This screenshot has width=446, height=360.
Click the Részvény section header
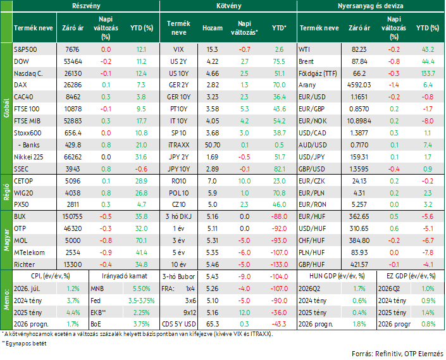pos(86,6)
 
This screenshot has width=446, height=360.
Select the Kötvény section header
pos(228,6)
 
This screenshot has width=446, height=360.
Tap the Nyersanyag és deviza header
pos(370,6)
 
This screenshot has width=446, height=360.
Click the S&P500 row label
pos(25,49)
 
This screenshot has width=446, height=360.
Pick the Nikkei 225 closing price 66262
pos(73,157)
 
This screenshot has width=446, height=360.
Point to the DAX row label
pos(20,85)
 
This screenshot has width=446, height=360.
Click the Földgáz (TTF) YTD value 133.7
pos(428,73)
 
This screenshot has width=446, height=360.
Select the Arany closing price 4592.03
pos(359,85)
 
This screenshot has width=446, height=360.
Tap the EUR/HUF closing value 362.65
pos(359,216)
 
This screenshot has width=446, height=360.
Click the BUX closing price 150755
pos(73,216)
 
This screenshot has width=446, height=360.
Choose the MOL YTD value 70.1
pos(141,240)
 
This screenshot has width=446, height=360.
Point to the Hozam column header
pos(213,28)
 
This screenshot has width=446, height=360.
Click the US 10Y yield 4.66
pos(213,73)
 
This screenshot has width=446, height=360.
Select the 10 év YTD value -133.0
pos(279,264)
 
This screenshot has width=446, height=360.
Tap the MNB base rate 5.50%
pos(141,289)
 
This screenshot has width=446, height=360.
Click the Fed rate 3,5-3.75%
pos(141,301)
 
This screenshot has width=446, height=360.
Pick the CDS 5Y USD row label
pos(178,324)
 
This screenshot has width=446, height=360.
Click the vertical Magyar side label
pos(6,240)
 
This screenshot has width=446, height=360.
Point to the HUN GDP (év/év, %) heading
pos(337,276)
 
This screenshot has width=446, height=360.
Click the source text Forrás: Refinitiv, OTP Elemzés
pos(397,354)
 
